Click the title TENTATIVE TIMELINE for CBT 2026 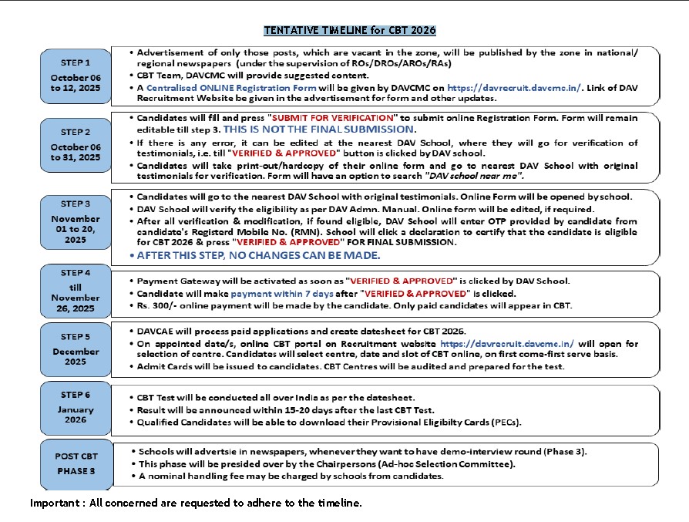coord(350,31)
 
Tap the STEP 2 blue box coord(76,145)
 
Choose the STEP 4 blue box coord(76,291)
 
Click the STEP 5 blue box coord(76,349)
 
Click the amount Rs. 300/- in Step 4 coord(153,306)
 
